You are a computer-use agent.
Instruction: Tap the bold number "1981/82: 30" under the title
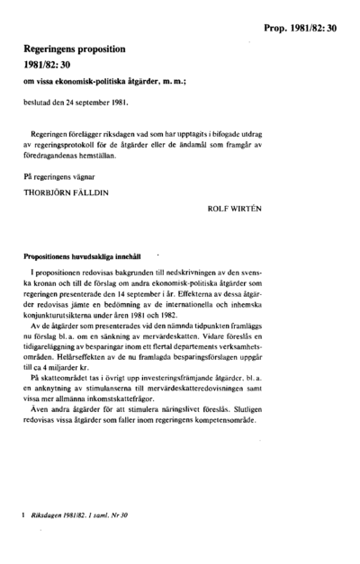[x=54, y=73]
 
